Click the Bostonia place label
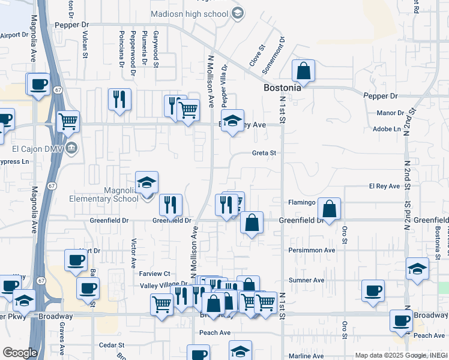(x=282, y=88)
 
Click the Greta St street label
(x=264, y=153)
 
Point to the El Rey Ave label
(x=384, y=187)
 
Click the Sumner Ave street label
(x=306, y=280)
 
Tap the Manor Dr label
(x=390, y=113)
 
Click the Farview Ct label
(x=155, y=274)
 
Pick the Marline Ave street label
(x=306, y=356)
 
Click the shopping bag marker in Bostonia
(x=304, y=71)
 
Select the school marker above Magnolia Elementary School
(x=146, y=182)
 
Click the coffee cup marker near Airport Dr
(x=38, y=84)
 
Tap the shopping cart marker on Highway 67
(x=68, y=121)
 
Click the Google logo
(x=20, y=353)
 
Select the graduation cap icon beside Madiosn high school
(x=237, y=13)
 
